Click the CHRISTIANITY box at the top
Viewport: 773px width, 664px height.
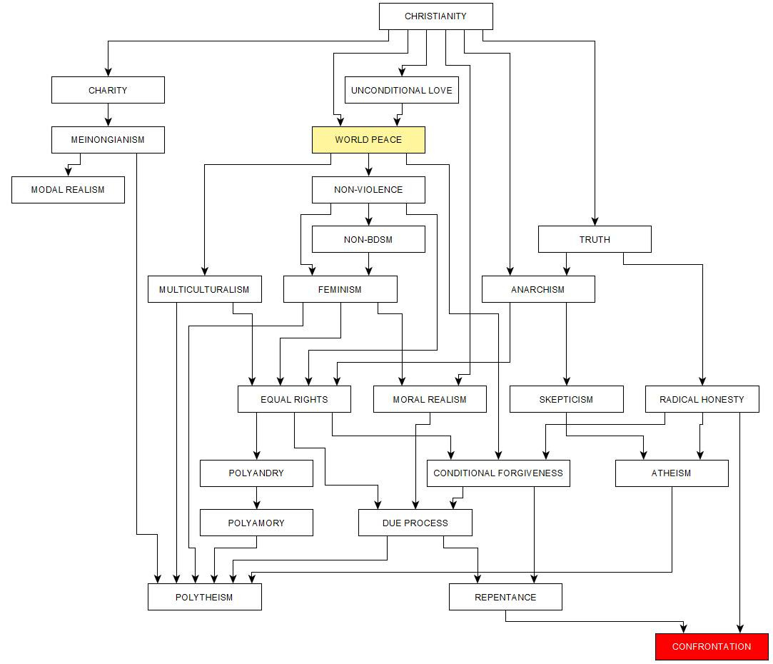pos(435,16)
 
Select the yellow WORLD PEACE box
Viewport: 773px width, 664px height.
pos(368,140)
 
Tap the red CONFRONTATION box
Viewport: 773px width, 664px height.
pos(712,647)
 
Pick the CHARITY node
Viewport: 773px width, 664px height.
pos(108,90)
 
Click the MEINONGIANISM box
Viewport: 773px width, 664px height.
pos(108,140)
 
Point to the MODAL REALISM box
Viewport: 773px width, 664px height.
pos(68,190)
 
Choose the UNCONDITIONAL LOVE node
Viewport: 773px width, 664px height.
pos(401,90)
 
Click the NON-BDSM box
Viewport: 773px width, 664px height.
pos(368,239)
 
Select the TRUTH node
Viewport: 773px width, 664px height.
pos(595,239)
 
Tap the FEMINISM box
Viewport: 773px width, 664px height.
pos(340,289)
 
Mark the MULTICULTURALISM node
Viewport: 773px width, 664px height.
pos(204,289)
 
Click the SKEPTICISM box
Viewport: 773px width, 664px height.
pos(566,399)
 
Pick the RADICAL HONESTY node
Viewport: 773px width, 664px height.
pos(702,399)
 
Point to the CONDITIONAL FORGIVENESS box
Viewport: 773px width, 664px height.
pos(498,473)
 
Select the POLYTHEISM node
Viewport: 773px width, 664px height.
pos(204,597)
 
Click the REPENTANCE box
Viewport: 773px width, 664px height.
pos(505,597)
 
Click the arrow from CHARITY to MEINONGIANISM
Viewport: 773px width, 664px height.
pos(108,115)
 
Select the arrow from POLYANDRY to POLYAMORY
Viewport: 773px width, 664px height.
pos(256,498)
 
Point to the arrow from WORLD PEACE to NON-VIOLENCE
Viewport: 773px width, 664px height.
pos(368,165)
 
